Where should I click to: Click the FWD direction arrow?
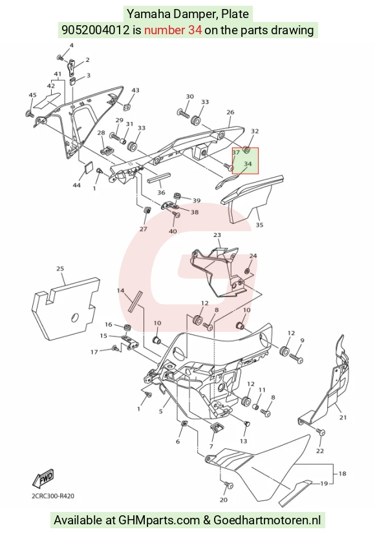tap(43, 478)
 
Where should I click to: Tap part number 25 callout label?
tap(60, 269)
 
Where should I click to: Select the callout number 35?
tap(259, 225)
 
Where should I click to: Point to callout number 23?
tap(217, 235)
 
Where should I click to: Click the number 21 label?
tap(343, 417)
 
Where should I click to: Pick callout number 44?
tap(77, 185)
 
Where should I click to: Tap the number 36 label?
tap(161, 193)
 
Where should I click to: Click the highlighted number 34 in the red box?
tap(248, 164)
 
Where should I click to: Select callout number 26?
tap(230, 112)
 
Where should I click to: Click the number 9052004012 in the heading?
tap(96, 30)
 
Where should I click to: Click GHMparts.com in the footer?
tap(159, 520)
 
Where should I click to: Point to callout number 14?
tap(121, 291)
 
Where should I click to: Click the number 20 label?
tap(223, 500)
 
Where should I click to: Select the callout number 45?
tap(32, 95)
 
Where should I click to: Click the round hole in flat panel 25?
tap(74, 318)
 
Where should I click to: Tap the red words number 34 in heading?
tap(173, 30)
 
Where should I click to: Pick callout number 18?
tap(342, 473)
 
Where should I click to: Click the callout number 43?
tap(135, 90)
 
